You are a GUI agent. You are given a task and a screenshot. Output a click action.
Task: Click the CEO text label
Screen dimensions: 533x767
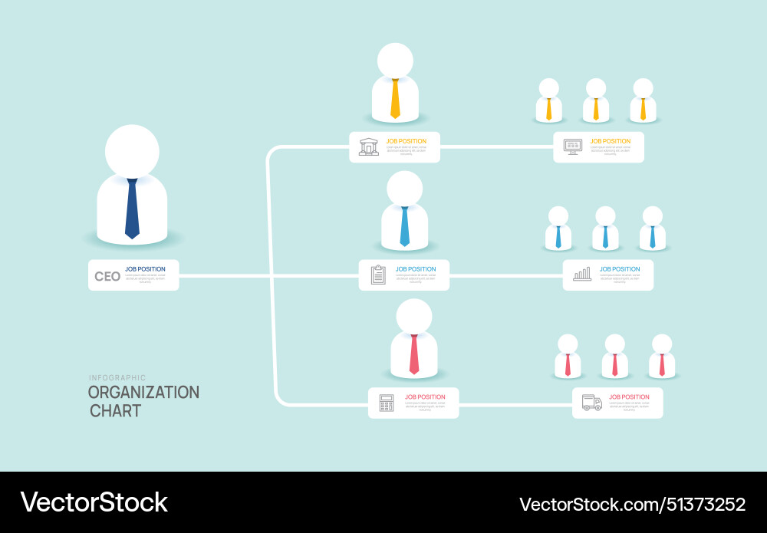pos(107,276)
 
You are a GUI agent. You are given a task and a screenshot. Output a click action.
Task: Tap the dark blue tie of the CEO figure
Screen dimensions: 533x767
pos(132,209)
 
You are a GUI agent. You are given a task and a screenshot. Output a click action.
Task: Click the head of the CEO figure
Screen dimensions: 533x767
pos(132,151)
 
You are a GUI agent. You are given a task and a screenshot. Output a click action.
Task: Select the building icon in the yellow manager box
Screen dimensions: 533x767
pos(369,146)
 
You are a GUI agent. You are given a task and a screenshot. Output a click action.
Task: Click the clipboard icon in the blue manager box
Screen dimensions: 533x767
pos(378,275)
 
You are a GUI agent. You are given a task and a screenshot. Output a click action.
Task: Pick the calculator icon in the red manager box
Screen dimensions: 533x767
pos(387,403)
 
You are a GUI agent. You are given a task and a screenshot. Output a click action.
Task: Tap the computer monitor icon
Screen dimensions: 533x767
pos(572,146)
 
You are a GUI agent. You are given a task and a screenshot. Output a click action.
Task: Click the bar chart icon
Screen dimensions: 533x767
pos(582,274)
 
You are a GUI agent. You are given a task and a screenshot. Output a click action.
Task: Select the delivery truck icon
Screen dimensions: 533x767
pos(591,403)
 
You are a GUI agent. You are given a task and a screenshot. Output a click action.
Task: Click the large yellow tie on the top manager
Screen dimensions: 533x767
pos(395,98)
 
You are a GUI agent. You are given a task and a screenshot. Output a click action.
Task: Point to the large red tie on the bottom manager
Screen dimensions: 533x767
pos(414,354)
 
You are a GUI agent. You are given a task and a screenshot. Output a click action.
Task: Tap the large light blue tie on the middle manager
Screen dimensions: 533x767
pos(405,226)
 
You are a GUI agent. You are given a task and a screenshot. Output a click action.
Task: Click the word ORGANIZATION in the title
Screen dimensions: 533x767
pos(143,392)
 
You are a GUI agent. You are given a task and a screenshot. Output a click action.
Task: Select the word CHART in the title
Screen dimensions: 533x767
pos(115,410)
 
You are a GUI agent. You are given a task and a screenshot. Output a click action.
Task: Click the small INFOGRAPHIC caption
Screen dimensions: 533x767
pos(117,377)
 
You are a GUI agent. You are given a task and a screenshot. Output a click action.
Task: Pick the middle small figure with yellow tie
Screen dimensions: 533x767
pos(596,102)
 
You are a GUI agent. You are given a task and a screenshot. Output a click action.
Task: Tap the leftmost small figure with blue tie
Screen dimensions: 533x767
pos(558,230)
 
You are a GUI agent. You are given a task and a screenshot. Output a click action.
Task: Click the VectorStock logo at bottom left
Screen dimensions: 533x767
pos(94,502)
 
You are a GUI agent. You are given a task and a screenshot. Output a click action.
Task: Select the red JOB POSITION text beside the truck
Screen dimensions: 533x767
pos(629,397)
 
